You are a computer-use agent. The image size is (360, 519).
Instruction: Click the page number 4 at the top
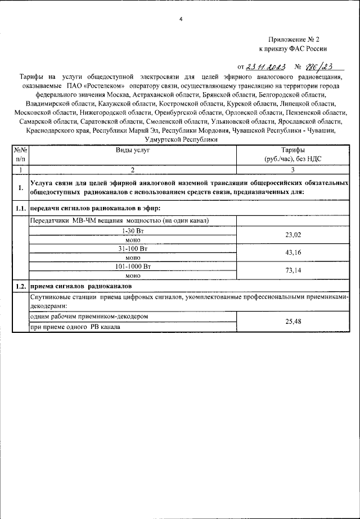[x=181, y=20]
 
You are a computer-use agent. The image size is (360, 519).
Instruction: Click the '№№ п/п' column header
[x=21, y=155]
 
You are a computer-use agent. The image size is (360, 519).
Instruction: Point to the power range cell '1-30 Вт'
[x=133, y=231]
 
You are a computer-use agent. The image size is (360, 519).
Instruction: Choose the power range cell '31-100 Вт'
[x=133, y=249]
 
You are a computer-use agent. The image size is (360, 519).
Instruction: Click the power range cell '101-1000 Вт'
[x=133, y=267]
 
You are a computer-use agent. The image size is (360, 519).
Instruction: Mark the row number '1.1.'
[x=21, y=209]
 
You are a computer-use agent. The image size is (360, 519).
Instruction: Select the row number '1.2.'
[x=21, y=286]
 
